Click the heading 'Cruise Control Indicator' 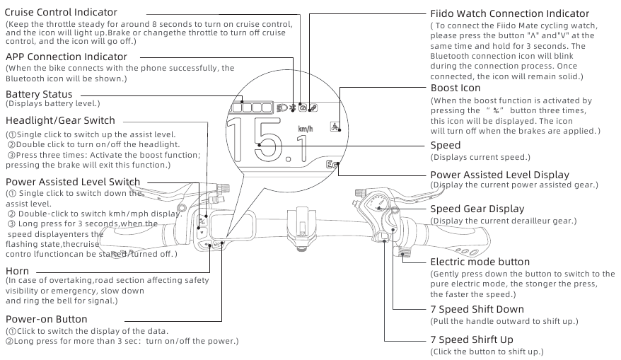click(x=61, y=13)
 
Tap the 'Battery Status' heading click(x=39, y=94)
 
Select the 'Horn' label click(x=17, y=271)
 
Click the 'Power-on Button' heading click(x=47, y=319)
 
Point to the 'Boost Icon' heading click(x=455, y=88)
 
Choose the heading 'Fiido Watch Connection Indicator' click(x=509, y=13)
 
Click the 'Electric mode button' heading click(x=480, y=262)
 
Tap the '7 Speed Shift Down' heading click(x=477, y=309)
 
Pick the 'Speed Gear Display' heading click(x=477, y=209)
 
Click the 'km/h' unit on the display click(x=306, y=129)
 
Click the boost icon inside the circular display click(x=333, y=127)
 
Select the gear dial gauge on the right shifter click(x=380, y=205)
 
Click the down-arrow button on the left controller click(x=202, y=232)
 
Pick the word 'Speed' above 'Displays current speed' click(x=446, y=145)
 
